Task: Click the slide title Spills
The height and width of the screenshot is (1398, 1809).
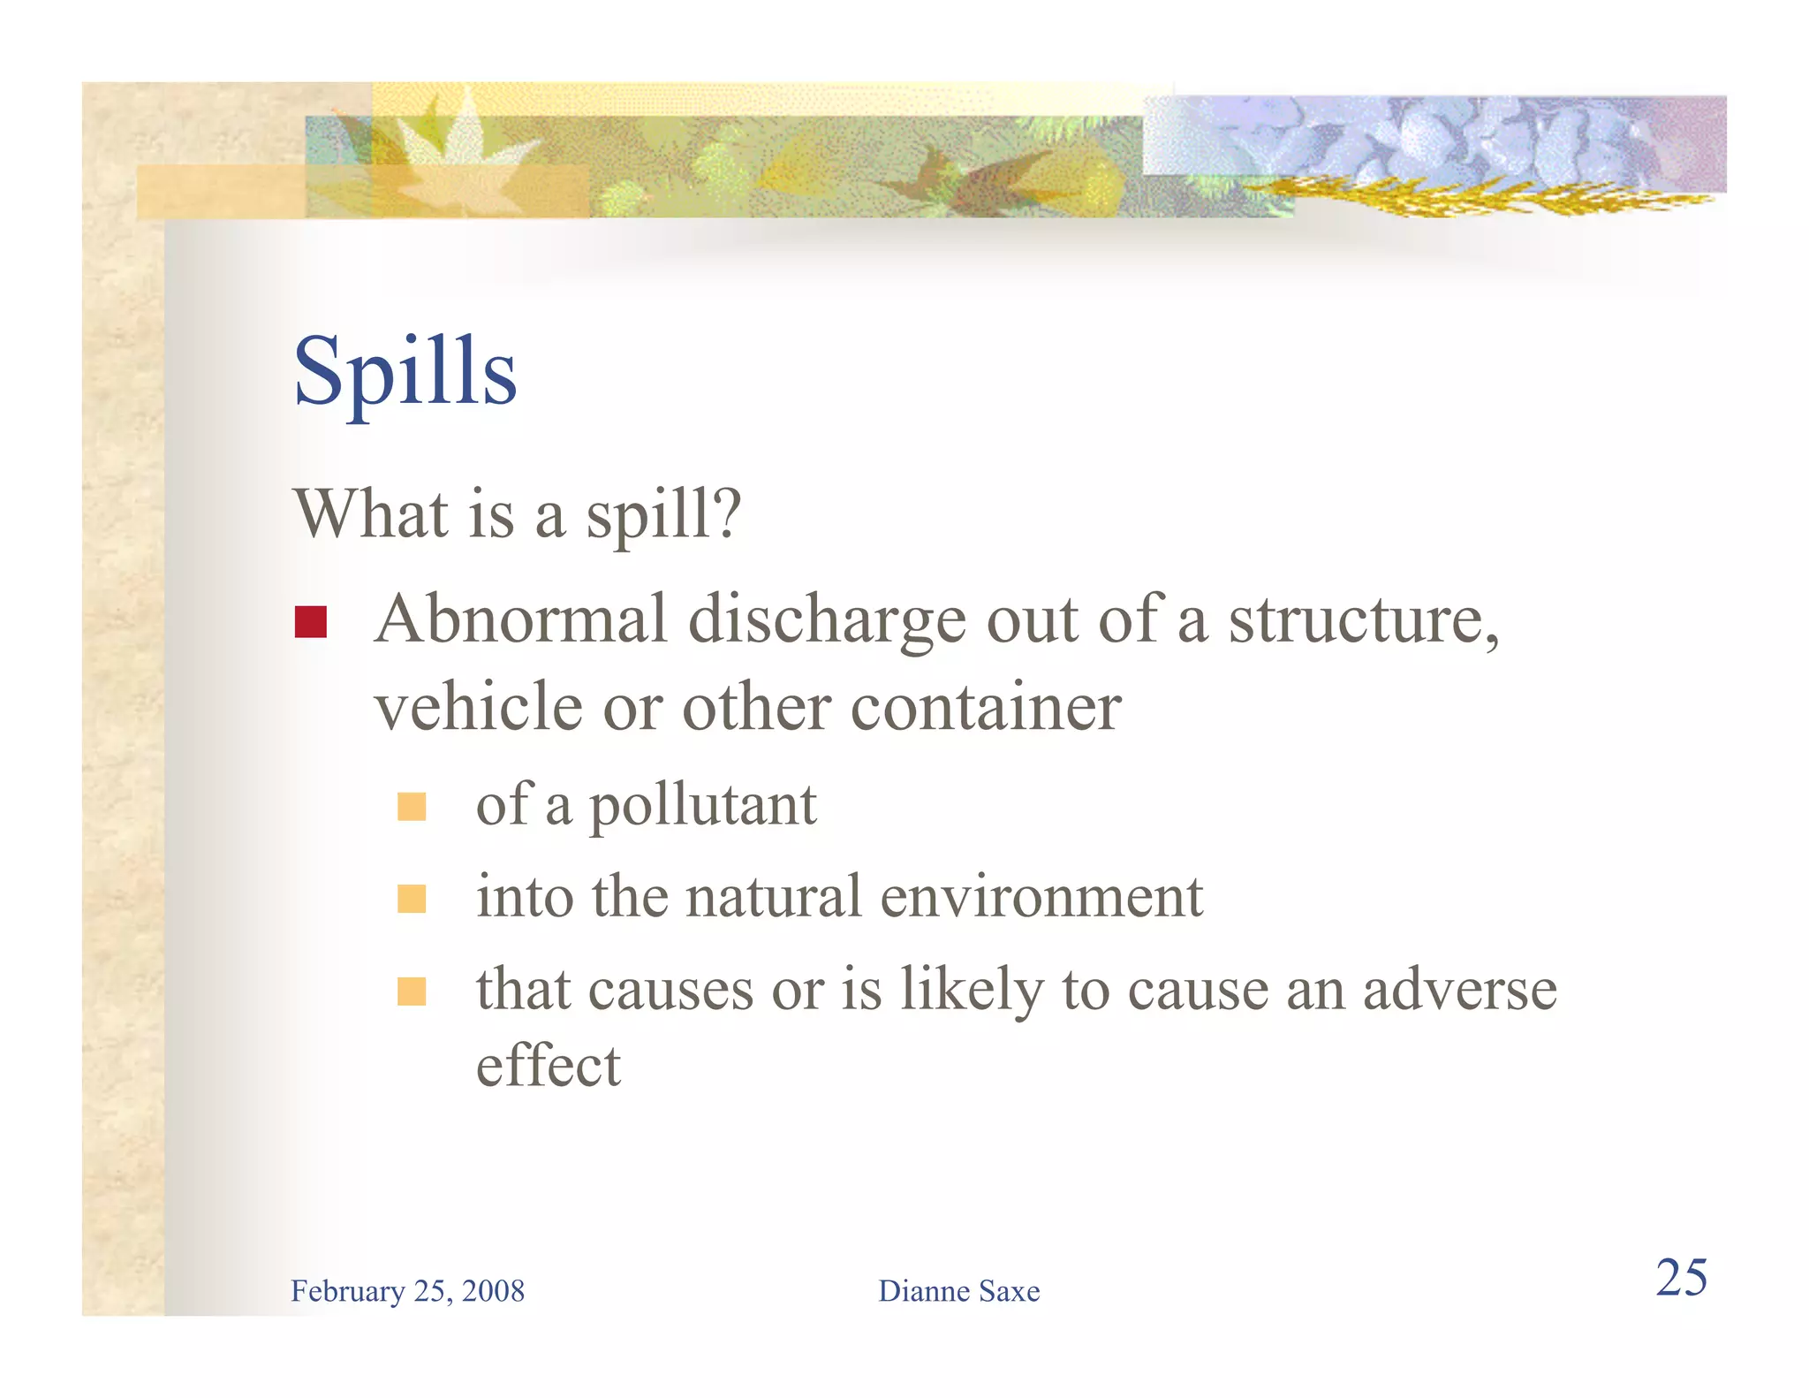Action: [x=405, y=372]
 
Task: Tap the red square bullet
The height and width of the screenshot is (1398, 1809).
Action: [x=310, y=622]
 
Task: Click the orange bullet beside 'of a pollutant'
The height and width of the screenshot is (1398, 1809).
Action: [x=412, y=807]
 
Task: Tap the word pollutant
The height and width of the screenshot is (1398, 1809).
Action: [x=703, y=807]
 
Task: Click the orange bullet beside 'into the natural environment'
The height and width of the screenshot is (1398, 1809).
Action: [x=412, y=899]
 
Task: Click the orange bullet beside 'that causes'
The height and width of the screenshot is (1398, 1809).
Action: [x=412, y=991]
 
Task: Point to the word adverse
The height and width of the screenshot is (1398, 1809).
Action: [x=1459, y=990]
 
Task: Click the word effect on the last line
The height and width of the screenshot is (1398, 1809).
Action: [x=548, y=1066]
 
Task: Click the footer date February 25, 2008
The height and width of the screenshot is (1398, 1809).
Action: [x=407, y=1291]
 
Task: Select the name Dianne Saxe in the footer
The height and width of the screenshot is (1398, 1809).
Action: [x=958, y=1291]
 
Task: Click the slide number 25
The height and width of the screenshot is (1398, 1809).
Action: [x=1681, y=1278]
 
